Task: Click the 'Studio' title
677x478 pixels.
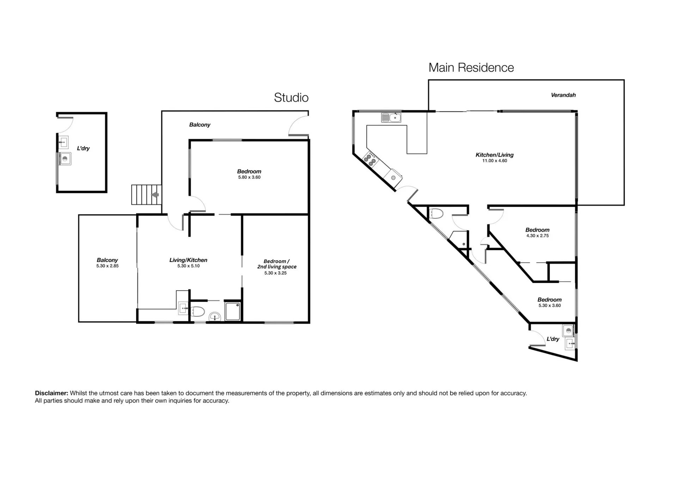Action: pyautogui.click(x=291, y=98)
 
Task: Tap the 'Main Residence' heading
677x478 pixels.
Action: pyautogui.click(x=471, y=68)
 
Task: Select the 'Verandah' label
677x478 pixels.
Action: pyautogui.click(x=563, y=95)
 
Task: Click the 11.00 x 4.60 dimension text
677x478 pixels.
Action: pyautogui.click(x=495, y=161)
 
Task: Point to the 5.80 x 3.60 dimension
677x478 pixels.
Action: pyautogui.click(x=249, y=178)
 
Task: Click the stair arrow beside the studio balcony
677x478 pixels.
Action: pyautogui.click(x=155, y=195)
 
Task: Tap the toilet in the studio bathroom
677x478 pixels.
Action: pyautogui.click(x=197, y=311)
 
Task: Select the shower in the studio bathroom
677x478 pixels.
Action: pyautogui.click(x=233, y=311)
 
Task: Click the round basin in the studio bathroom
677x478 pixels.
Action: pyautogui.click(x=215, y=316)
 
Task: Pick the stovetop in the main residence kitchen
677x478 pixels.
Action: pyautogui.click(x=370, y=159)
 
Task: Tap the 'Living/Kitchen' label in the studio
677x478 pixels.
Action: pyautogui.click(x=188, y=260)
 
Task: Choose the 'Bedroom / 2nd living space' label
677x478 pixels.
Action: pyautogui.click(x=277, y=264)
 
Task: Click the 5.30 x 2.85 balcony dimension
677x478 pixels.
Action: pyautogui.click(x=108, y=266)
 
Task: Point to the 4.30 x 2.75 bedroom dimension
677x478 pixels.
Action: pyautogui.click(x=537, y=236)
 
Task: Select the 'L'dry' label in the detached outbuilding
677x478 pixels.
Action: pyautogui.click(x=83, y=149)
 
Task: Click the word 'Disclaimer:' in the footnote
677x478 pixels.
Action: pyautogui.click(x=51, y=393)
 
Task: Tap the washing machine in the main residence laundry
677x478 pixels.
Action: pyautogui.click(x=568, y=331)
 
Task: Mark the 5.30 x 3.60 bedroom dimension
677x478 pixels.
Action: pyautogui.click(x=550, y=306)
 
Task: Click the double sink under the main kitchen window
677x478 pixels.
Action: pyautogui.click(x=391, y=117)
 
